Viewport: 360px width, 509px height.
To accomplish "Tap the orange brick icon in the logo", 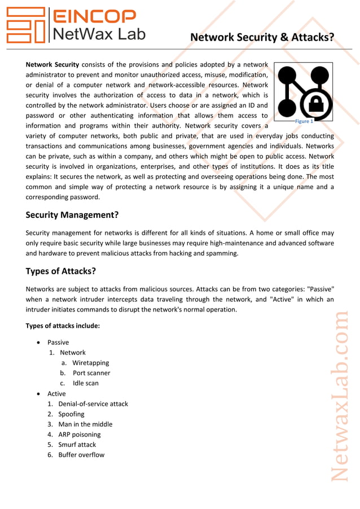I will pos(25,25).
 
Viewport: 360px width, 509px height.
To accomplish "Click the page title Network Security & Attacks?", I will pos(262,38).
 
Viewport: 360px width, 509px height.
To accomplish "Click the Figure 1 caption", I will pos(304,121).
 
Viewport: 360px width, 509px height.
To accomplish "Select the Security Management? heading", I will pos(72,215).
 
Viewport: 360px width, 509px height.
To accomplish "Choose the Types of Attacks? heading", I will pos(60,271).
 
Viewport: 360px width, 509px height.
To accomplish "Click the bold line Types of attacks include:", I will pos(63,326).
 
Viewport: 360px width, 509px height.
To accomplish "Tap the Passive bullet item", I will pos(58,343).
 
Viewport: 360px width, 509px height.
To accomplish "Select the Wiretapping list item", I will pos(90,363).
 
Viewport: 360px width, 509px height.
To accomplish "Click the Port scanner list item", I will pos(91,373).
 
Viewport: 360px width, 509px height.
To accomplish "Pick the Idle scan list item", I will pos(85,383).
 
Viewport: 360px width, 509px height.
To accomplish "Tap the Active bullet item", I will pos(56,394).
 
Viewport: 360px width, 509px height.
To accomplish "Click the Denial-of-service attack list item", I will pos(93,404).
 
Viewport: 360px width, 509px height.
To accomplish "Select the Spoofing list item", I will pos(71,414).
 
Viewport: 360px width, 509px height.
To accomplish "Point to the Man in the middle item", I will pos(85,424).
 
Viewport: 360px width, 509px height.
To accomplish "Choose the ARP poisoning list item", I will pos(80,435).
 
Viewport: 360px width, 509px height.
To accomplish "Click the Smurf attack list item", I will pos(77,445).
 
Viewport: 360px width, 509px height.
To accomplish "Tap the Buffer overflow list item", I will pos(81,455).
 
